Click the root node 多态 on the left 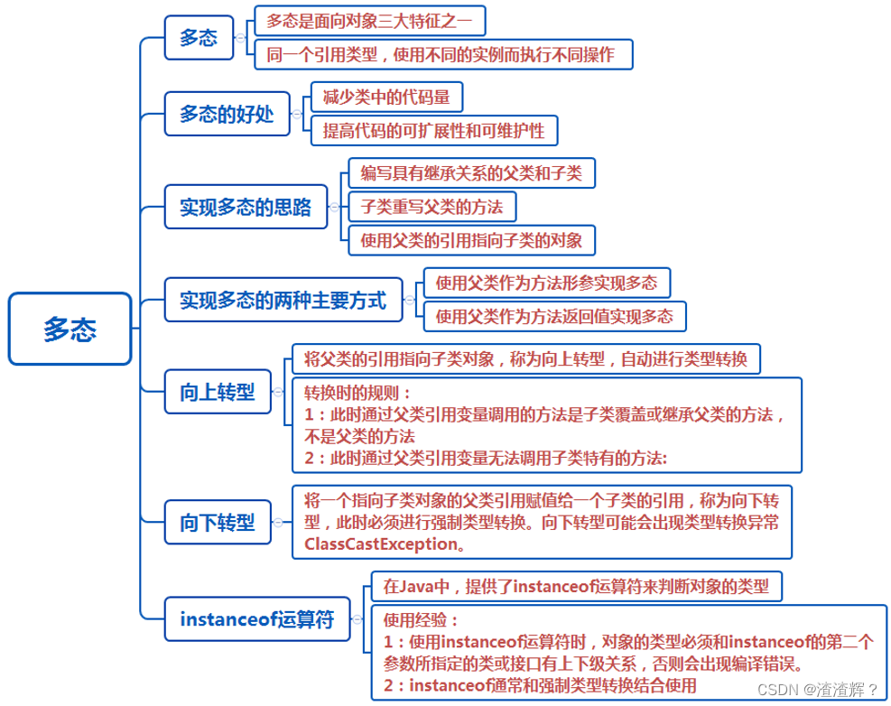(x=70, y=329)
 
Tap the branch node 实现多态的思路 (x=245, y=208)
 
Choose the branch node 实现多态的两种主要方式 (x=283, y=300)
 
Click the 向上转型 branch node (x=217, y=392)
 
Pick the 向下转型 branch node (x=217, y=522)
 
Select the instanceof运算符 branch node (x=256, y=619)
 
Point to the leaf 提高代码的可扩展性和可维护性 (x=434, y=130)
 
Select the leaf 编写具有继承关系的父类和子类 (x=471, y=172)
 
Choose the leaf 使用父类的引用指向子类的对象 (x=471, y=239)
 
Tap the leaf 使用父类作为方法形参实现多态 (x=547, y=283)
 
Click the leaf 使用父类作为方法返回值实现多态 (x=554, y=316)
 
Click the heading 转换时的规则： (x=357, y=393)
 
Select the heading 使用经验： (x=421, y=620)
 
